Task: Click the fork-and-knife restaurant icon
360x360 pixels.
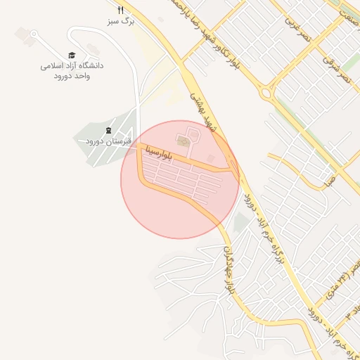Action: (120, 11)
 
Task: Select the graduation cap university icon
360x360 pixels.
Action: (72, 55)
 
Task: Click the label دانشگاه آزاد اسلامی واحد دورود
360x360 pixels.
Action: (72, 70)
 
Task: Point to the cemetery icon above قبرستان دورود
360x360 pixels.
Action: (108, 130)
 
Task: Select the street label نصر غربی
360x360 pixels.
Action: (295, 30)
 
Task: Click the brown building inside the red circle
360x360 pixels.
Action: (183, 143)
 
